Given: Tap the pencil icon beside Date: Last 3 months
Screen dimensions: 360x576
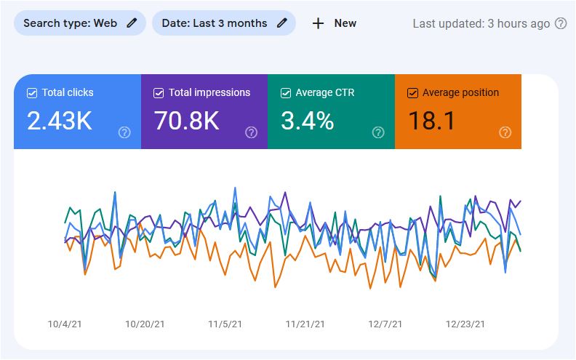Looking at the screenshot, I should pos(282,23).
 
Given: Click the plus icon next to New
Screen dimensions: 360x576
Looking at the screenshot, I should pos(318,23).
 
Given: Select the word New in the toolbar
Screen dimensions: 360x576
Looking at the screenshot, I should pos(345,23).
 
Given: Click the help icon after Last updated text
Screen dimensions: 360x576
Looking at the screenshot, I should pos(561,23).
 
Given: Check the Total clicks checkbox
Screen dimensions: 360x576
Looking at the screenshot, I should pos(32,93).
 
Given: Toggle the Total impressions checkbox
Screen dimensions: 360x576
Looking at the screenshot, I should pos(159,93).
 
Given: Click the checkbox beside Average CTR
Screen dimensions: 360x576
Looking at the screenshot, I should pos(286,93).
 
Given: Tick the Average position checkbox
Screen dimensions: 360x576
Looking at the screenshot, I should pos(412,93).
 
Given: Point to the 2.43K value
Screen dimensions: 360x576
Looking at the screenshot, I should pos(60,121).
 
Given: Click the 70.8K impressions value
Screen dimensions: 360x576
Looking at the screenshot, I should pos(187,121).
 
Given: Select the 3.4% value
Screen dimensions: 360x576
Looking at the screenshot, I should pos(307,121).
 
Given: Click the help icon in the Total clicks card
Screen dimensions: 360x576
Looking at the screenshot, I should pos(124,132).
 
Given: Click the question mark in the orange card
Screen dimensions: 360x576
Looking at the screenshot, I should pos(505,132).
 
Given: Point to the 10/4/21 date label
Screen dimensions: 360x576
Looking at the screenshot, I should pos(63,324).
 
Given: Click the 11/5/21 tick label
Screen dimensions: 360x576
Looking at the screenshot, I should pos(225,324).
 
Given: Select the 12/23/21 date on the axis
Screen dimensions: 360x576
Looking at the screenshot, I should pos(465,324).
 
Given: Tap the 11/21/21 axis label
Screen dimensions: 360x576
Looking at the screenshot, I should pos(305,324).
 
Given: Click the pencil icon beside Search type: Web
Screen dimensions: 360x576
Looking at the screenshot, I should pos(132,23).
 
